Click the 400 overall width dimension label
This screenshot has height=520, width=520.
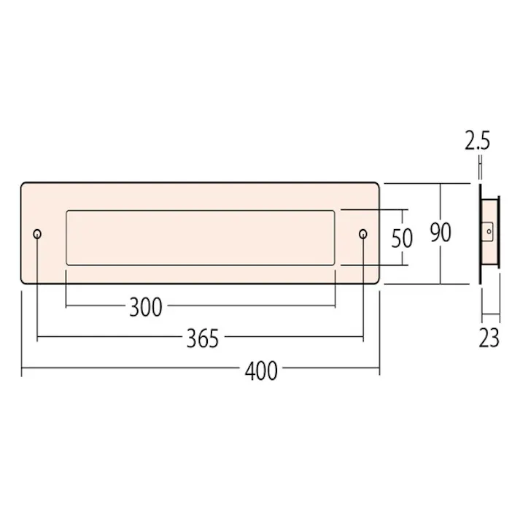pyautogui.click(x=261, y=371)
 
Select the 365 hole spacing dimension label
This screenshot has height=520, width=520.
pyautogui.click(x=203, y=338)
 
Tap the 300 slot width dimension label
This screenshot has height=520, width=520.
pyautogui.click(x=146, y=307)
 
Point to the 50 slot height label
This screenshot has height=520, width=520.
pyautogui.click(x=402, y=238)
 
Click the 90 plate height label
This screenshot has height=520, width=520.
pyautogui.click(x=441, y=232)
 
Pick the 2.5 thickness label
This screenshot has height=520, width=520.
pyautogui.click(x=477, y=141)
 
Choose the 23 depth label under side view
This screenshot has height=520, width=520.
pyautogui.click(x=489, y=338)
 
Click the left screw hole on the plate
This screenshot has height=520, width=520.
pyautogui.click(x=37, y=234)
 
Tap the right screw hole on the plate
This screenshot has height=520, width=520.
pyautogui.click(x=363, y=234)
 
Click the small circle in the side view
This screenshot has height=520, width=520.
pyautogui.click(x=489, y=231)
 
